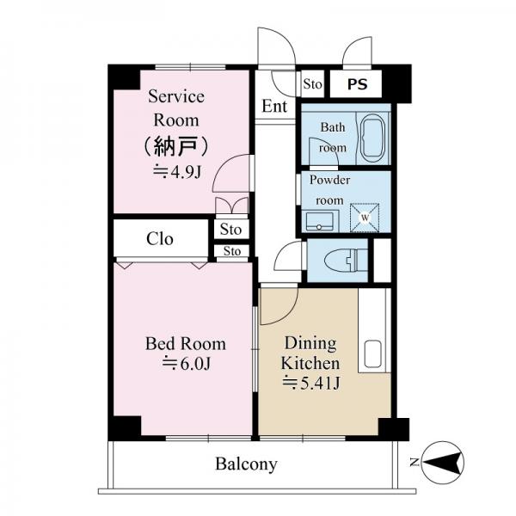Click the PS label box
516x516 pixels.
tap(356, 84)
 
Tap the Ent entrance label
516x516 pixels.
tap(274, 106)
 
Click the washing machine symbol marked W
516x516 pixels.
tap(365, 218)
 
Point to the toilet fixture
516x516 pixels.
tap(346, 260)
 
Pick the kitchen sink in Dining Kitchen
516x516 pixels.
tap(372, 353)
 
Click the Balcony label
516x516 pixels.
tap(246, 464)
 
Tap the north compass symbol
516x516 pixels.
tap(442, 463)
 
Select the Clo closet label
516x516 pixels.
tap(160, 238)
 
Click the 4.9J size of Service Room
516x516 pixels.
tap(177, 172)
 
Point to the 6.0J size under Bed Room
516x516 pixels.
tap(187, 364)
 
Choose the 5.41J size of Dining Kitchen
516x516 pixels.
tap(311, 383)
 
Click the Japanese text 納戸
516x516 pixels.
tap(176, 146)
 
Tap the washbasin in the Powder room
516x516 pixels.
tap(320, 221)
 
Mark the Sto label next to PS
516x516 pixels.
tap(312, 84)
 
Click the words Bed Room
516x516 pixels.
tap(186, 344)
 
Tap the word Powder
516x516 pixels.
tap(329, 180)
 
